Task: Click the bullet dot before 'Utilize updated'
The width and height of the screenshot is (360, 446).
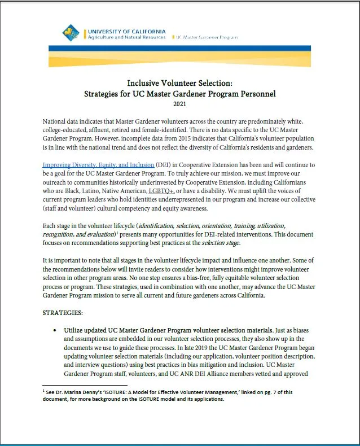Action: pos(54,329)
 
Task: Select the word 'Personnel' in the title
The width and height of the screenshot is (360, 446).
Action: pos(253,93)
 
